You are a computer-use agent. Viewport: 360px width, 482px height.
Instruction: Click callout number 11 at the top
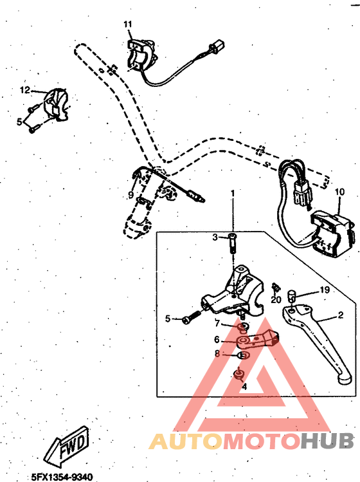pos(127,24)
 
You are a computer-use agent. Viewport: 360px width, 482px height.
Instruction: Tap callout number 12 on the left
pos(25,90)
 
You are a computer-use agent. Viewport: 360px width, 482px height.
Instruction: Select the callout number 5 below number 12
pos(20,121)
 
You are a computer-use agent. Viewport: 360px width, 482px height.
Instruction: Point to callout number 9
pos(130,194)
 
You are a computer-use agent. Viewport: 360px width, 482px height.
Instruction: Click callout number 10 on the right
pos(339,191)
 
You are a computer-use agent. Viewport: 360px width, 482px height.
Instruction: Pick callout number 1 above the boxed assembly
pos(233,193)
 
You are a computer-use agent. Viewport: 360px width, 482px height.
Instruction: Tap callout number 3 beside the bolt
pos(198,237)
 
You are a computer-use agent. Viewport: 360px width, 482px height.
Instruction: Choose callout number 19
pos(325,290)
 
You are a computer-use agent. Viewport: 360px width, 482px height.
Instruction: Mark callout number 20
pos(276,299)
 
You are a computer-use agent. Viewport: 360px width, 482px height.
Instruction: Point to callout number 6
pos(217,339)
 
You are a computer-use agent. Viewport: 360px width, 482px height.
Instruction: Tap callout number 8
pos(217,353)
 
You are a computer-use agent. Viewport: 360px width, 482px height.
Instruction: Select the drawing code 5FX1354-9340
pos(61,476)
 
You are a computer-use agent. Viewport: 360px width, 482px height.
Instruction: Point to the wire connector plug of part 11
pos(218,48)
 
